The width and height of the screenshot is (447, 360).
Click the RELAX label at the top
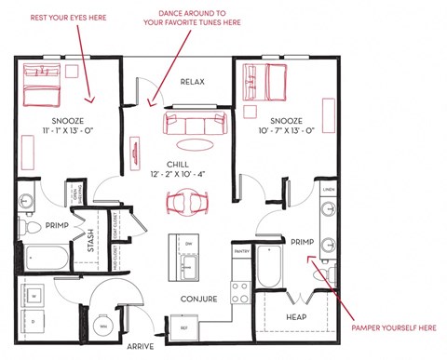point(193,82)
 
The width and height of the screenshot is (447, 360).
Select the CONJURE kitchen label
point(198,300)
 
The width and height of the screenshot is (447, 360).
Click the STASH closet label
point(91,242)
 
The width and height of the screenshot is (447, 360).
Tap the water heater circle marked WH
point(103,327)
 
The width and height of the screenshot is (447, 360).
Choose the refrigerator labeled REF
point(183,327)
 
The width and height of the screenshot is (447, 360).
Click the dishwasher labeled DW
point(187,244)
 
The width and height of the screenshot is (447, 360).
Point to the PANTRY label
point(241,251)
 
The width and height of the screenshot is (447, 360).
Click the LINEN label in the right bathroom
point(328,191)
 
